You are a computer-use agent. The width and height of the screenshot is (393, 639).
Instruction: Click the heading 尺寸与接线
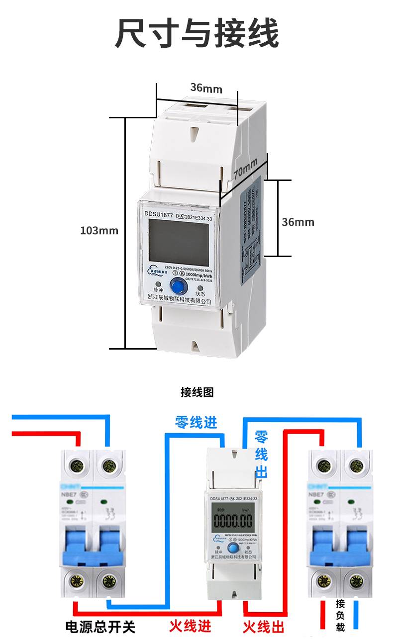196,34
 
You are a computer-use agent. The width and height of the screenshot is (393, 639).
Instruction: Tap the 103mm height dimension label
99,231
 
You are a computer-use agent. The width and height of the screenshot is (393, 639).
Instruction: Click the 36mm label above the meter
206,89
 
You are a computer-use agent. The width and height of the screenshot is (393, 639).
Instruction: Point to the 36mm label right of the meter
298,222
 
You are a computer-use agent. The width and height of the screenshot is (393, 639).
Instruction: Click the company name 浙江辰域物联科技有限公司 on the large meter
180,301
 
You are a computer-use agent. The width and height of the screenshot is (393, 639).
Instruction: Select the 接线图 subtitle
196,392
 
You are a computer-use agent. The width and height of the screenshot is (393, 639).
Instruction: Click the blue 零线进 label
196,423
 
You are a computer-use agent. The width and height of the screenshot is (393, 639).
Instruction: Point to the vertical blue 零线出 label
261,455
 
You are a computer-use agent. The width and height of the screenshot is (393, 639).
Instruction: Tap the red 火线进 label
191,625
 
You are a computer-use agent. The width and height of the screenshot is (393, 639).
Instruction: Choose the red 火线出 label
264,626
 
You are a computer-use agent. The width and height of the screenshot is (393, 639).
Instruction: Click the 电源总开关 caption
100,627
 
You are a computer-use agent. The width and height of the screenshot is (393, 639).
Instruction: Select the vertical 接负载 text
340,615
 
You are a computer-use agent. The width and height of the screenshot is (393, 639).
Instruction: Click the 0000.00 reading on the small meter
233,521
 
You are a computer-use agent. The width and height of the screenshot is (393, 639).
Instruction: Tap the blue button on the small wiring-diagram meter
232,549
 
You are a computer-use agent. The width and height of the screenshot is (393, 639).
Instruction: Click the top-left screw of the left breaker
78,466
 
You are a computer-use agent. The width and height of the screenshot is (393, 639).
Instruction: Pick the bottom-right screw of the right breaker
355,581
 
